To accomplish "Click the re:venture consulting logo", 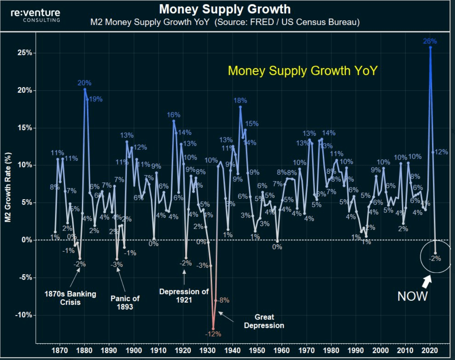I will [x=35, y=15].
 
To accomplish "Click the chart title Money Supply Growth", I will [x=225, y=9].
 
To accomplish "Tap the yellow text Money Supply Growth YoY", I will [x=303, y=70].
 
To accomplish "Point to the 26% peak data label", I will [x=430, y=41].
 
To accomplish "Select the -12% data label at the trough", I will [x=213, y=334].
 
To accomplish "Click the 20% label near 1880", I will [x=84, y=83].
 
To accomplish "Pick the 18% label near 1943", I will [x=240, y=100].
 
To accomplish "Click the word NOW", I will [x=412, y=296].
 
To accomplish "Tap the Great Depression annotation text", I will [x=264, y=321].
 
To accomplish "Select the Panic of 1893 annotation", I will [x=125, y=302].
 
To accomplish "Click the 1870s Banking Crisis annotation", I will [x=70, y=298].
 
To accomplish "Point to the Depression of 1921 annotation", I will [x=184, y=295].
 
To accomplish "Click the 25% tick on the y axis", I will [x=25, y=53].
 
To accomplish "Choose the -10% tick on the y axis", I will [x=24, y=315].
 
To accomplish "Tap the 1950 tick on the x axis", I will [x=257, y=350].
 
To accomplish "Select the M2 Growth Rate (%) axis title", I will [x=8, y=187].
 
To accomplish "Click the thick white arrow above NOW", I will [x=427, y=281].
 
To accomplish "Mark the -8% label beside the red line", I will [x=223, y=300].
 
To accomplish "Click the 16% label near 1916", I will [x=173, y=115].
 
